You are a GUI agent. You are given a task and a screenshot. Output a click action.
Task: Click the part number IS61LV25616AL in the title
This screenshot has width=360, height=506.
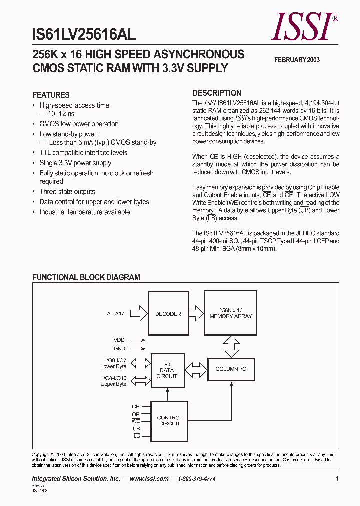pos(83,34)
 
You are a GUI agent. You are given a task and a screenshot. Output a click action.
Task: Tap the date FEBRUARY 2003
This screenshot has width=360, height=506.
pos(297,60)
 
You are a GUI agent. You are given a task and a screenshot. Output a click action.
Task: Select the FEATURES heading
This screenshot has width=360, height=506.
pos(51,95)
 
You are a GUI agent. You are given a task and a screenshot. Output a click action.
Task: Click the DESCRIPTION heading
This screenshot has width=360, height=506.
pos(217,93)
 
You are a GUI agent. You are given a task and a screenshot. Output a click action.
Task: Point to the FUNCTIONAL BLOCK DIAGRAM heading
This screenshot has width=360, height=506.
pos(86,277)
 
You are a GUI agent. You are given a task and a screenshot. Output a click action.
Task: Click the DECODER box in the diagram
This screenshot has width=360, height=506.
pos(168,314)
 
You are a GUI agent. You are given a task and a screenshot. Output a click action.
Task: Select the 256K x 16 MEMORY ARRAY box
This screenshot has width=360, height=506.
pos(231,314)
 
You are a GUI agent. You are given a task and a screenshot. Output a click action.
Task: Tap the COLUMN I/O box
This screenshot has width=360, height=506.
pos(231,369)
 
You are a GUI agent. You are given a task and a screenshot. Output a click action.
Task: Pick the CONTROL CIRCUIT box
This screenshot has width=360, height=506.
pos(169,420)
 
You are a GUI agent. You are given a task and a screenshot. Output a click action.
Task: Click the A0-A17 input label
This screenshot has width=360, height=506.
pos(115,314)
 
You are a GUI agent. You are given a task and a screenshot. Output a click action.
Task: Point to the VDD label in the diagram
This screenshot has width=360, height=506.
pos(119,339)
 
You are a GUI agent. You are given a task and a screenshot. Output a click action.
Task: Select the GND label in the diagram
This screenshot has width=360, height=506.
pos(119,349)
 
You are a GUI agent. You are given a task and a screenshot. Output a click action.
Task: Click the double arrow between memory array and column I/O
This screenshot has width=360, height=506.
pos(231,346)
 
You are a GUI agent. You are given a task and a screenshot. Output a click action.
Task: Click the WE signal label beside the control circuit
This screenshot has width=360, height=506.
pos(135,422)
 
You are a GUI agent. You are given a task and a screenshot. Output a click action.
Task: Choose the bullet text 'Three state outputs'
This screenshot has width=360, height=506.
pos(67,192)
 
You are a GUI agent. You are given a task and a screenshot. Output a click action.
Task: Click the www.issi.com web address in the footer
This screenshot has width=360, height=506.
pos(149,478)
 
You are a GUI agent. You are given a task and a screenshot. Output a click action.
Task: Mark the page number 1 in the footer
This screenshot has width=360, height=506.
pos(337,478)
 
